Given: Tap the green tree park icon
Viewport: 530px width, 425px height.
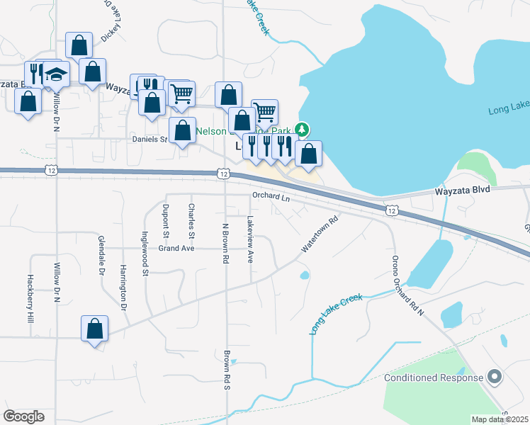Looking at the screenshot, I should (303, 129).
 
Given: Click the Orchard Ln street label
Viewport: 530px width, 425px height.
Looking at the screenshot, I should (271, 197).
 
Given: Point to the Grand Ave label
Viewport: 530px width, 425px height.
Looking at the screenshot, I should (176, 249).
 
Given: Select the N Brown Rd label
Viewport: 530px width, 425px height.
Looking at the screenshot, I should (225, 244).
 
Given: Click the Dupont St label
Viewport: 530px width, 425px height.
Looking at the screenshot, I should (166, 220).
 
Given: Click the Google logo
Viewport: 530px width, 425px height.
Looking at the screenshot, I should (23, 416).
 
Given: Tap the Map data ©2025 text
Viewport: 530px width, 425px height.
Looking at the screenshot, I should (500, 419).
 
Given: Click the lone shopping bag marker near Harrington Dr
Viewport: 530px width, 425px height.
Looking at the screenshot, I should (95, 329).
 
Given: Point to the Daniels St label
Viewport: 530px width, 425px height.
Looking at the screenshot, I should (149, 139).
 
